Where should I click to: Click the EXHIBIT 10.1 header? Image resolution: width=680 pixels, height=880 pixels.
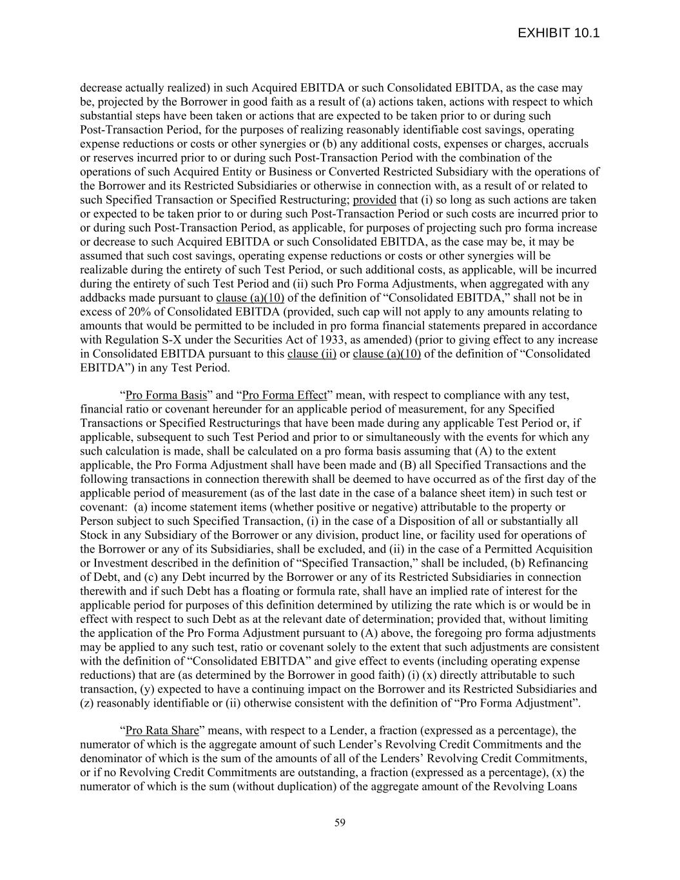(558, 33)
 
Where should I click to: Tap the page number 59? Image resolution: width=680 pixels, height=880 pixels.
(340, 823)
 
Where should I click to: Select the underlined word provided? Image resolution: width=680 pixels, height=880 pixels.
(374, 200)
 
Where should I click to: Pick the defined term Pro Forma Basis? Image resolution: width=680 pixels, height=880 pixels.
(166, 395)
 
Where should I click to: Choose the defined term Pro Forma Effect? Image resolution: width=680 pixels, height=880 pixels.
(284, 395)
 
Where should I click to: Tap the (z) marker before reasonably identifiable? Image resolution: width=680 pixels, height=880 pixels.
(87, 703)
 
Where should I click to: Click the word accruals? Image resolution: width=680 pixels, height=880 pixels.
(567, 144)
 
